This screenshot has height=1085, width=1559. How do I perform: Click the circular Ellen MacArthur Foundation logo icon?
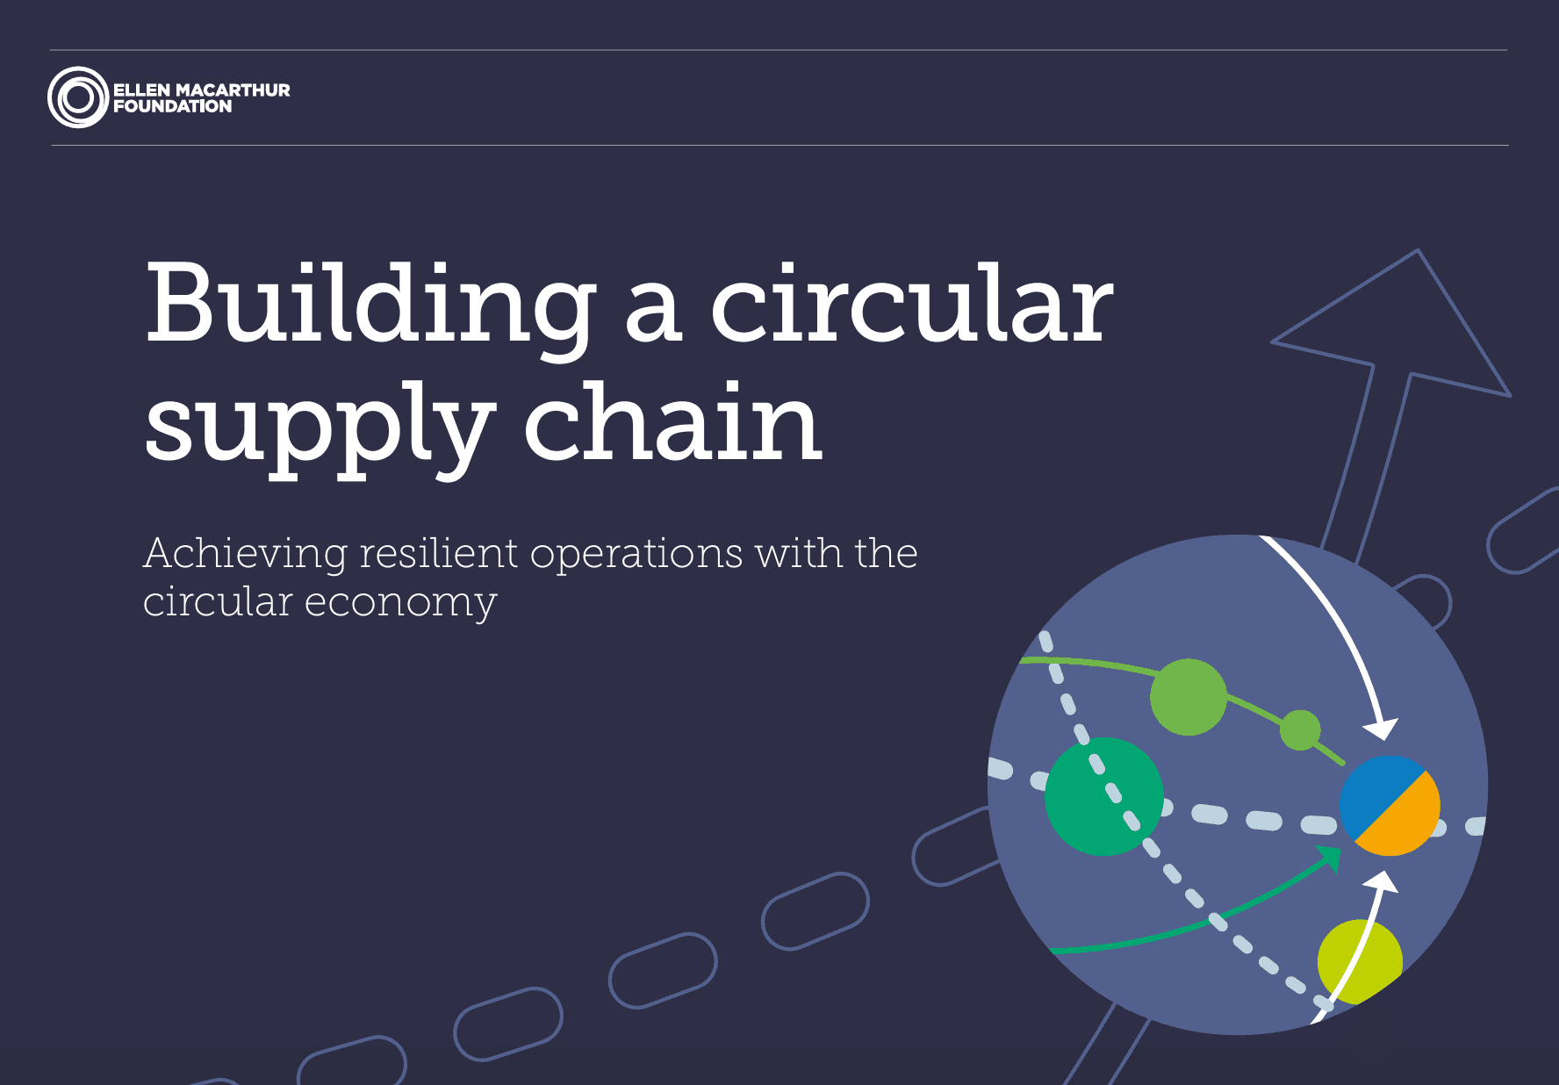coord(77,97)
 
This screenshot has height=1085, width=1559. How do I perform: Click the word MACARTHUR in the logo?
coord(233,90)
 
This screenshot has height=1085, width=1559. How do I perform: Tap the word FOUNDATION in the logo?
coord(173,106)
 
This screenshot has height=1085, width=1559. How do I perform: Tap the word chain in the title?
coord(672,423)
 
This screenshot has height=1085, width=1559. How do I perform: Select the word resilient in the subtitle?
coord(439,553)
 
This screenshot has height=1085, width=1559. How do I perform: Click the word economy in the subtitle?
coord(400,603)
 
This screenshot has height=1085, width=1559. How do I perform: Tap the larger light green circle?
coord(1188,697)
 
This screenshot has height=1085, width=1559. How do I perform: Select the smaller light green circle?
coord(1300,729)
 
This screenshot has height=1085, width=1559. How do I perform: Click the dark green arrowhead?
coord(1331,856)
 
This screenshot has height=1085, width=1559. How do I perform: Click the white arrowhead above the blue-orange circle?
coord(1381,728)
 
